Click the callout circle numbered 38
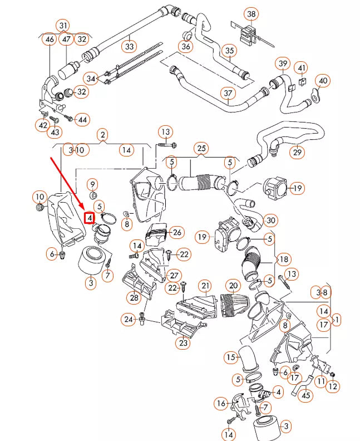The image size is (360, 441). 251,13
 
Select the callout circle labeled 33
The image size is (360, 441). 130,46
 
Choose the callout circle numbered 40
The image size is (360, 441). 323,81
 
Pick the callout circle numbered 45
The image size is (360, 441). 305,396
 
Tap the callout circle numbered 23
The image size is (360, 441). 183,343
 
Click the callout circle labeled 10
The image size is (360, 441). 39,197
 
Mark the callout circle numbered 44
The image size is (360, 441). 82,120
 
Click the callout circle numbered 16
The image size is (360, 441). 221,403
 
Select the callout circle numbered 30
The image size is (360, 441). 270,220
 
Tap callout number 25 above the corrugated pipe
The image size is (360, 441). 201,148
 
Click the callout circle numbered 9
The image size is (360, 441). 93,184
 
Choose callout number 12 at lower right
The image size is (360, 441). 333,386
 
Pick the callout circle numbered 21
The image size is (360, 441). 206,286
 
